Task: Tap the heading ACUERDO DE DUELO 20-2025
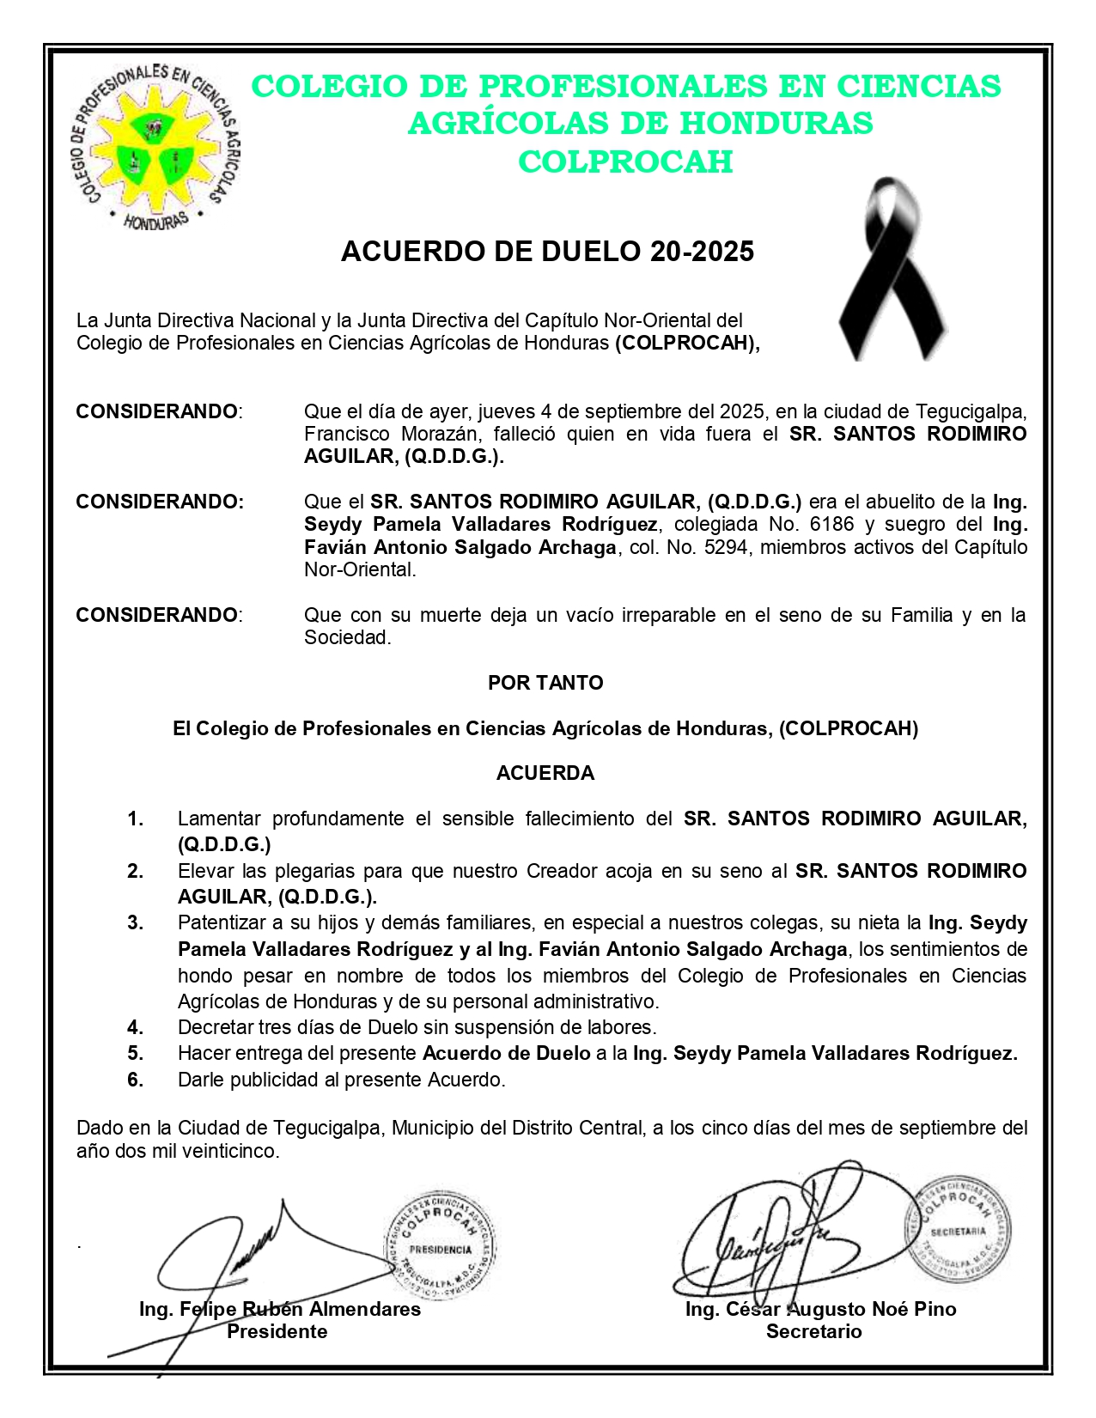tap(547, 252)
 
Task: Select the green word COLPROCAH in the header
tap(625, 161)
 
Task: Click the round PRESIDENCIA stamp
tap(440, 1245)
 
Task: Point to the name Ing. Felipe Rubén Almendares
tap(280, 1309)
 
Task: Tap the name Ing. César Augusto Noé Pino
tap(820, 1309)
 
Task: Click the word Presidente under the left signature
tap(277, 1331)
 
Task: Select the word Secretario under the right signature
tap(813, 1331)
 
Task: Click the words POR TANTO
tap(545, 683)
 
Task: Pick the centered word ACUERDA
tap(545, 773)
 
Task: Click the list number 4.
tap(136, 1027)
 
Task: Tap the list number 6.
tap(136, 1080)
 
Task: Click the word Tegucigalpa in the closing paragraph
tap(326, 1128)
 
